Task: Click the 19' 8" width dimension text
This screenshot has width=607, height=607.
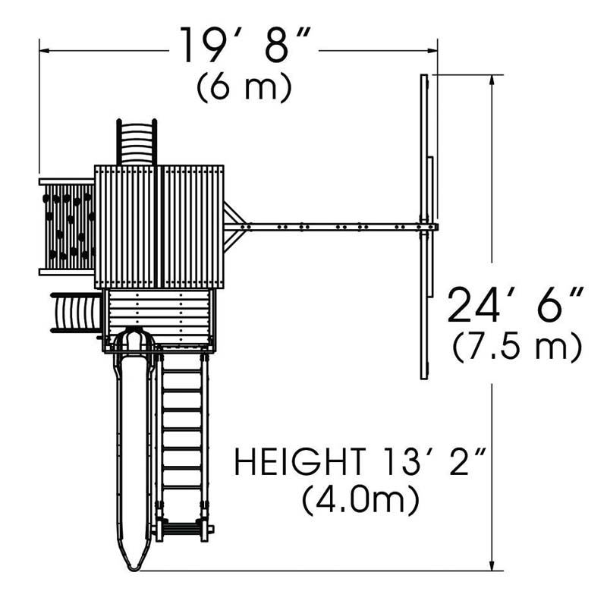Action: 245,46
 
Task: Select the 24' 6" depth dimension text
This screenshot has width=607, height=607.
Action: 515,305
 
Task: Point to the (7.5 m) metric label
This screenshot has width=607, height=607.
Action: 517,347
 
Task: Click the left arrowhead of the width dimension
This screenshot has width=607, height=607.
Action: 44,51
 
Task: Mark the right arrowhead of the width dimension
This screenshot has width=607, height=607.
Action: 432,51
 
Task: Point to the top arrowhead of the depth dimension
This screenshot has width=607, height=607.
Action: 492,80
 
